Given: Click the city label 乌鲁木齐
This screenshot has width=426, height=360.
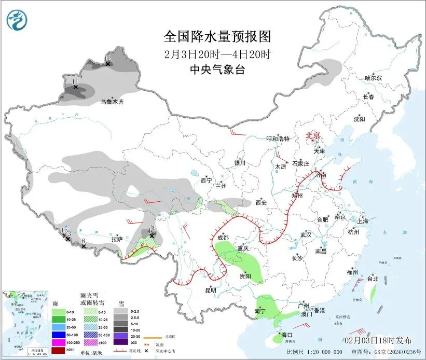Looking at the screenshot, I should point(112,102).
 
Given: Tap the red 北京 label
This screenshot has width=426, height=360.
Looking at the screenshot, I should point(313,135).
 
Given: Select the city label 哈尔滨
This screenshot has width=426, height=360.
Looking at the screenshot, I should point(373,78).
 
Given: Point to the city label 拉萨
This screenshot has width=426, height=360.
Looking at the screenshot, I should point(117,239).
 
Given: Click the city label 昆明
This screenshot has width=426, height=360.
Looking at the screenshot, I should point(210,290).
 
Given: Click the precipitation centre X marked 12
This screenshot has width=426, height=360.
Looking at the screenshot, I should point(108,63).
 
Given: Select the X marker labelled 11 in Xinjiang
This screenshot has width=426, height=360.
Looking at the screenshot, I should point(75,87).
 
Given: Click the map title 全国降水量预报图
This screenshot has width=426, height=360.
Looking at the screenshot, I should point(217,36).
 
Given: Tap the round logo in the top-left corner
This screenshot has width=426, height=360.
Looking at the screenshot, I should point(17,21).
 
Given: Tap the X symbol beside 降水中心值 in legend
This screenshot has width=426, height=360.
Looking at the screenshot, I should point(154,351).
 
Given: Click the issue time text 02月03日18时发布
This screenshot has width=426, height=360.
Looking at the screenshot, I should point(378,340).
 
